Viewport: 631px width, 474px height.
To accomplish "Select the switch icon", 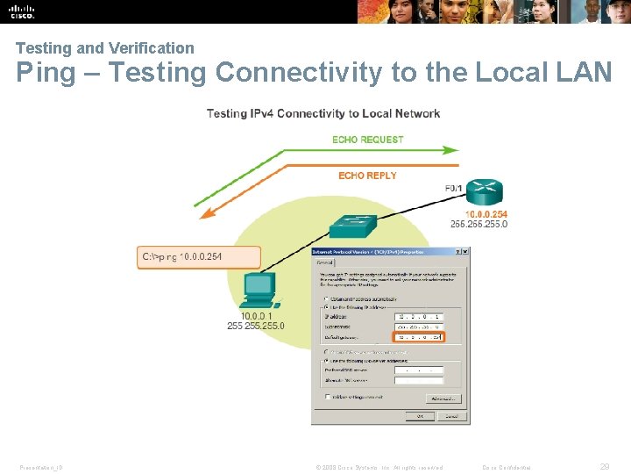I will tap(352, 226).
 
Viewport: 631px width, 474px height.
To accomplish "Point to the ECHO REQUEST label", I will tap(368, 140).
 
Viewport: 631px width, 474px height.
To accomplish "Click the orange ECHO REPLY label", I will tap(367, 176).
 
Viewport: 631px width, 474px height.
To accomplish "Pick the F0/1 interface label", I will tap(455, 188).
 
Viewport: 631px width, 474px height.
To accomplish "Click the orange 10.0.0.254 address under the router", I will tap(486, 214).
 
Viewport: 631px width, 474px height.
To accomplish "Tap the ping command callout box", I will tap(200, 257).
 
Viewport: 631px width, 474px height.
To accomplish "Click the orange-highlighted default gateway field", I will tap(419, 336).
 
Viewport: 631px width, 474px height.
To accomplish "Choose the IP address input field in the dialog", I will tap(419, 316).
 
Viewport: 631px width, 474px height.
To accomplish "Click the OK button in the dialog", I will tap(420, 415).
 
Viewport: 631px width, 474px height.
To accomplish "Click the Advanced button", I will tap(442, 398).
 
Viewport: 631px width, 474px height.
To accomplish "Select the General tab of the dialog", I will tap(323, 262).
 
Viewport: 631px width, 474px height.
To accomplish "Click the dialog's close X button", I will tap(464, 251).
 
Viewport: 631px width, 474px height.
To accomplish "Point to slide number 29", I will tap(605, 467).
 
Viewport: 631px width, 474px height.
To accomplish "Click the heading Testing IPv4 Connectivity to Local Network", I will tap(323, 113).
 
